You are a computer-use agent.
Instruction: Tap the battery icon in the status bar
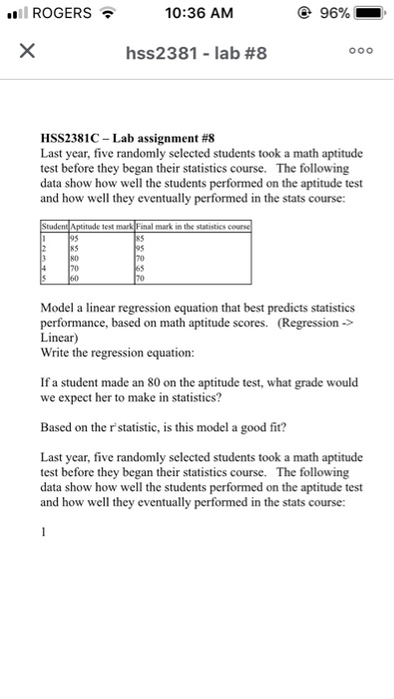370,15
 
